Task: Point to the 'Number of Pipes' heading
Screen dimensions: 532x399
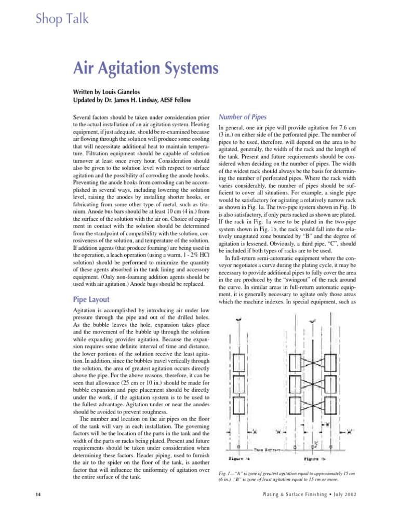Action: coord(243,117)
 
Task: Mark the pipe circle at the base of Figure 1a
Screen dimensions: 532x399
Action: coord(237,446)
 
